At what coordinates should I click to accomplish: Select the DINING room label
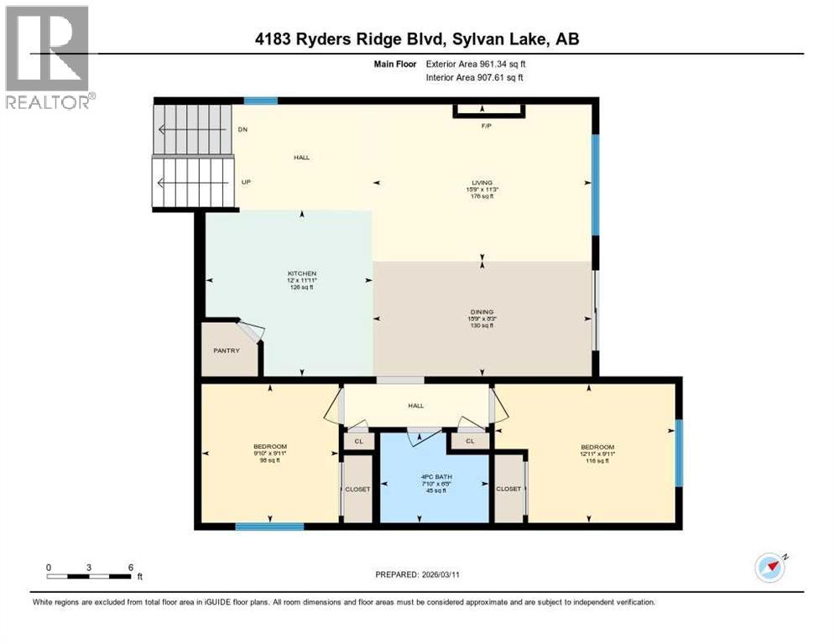(x=482, y=311)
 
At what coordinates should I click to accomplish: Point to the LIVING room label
(x=482, y=182)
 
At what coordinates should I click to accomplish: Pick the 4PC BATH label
(x=434, y=480)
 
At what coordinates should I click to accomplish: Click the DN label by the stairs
(x=242, y=130)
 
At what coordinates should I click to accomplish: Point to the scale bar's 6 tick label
(x=130, y=567)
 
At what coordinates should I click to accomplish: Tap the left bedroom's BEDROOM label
(x=270, y=446)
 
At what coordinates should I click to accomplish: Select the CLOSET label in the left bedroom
(x=357, y=489)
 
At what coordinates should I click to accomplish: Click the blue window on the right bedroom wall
(x=679, y=439)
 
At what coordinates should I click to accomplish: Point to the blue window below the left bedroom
(x=268, y=527)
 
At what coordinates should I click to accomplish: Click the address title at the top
(x=417, y=39)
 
